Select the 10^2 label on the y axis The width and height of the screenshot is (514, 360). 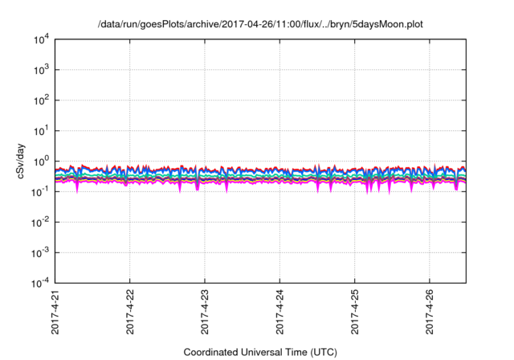pyautogui.click(x=39, y=101)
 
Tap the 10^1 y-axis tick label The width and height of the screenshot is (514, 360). pyautogui.click(x=39, y=131)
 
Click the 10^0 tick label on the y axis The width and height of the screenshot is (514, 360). pyautogui.click(x=39, y=162)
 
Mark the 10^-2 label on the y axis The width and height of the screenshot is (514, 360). pyautogui.click(x=38, y=223)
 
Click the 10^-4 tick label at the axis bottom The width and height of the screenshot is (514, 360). pyautogui.click(x=38, y=283)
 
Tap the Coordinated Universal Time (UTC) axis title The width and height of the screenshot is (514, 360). pyautogui.click(x=259, y=352)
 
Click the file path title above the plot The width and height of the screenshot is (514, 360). pyautogui.click(x=259, y=25)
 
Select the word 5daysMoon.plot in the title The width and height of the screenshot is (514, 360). pyautogui.click(x=384, y=25)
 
